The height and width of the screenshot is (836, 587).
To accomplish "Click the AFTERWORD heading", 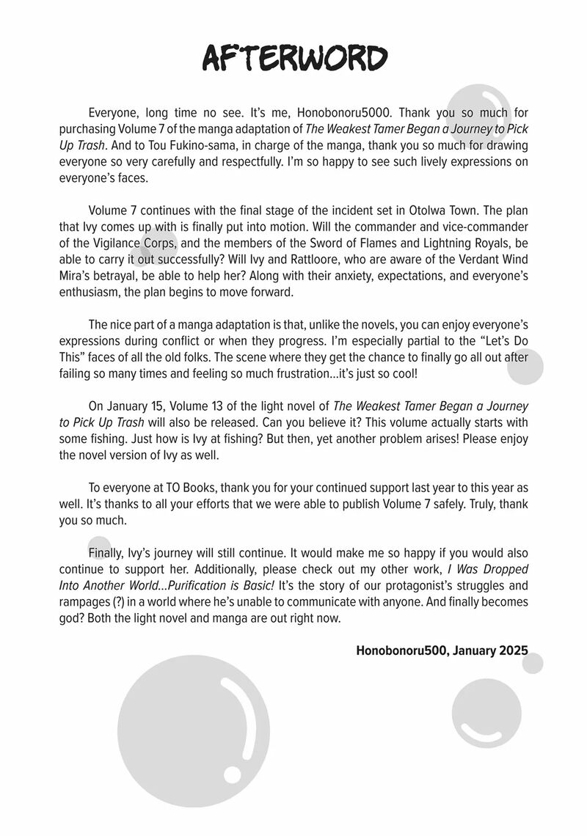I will pos(293,57).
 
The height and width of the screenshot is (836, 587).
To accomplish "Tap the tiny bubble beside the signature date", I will pos(533,663).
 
